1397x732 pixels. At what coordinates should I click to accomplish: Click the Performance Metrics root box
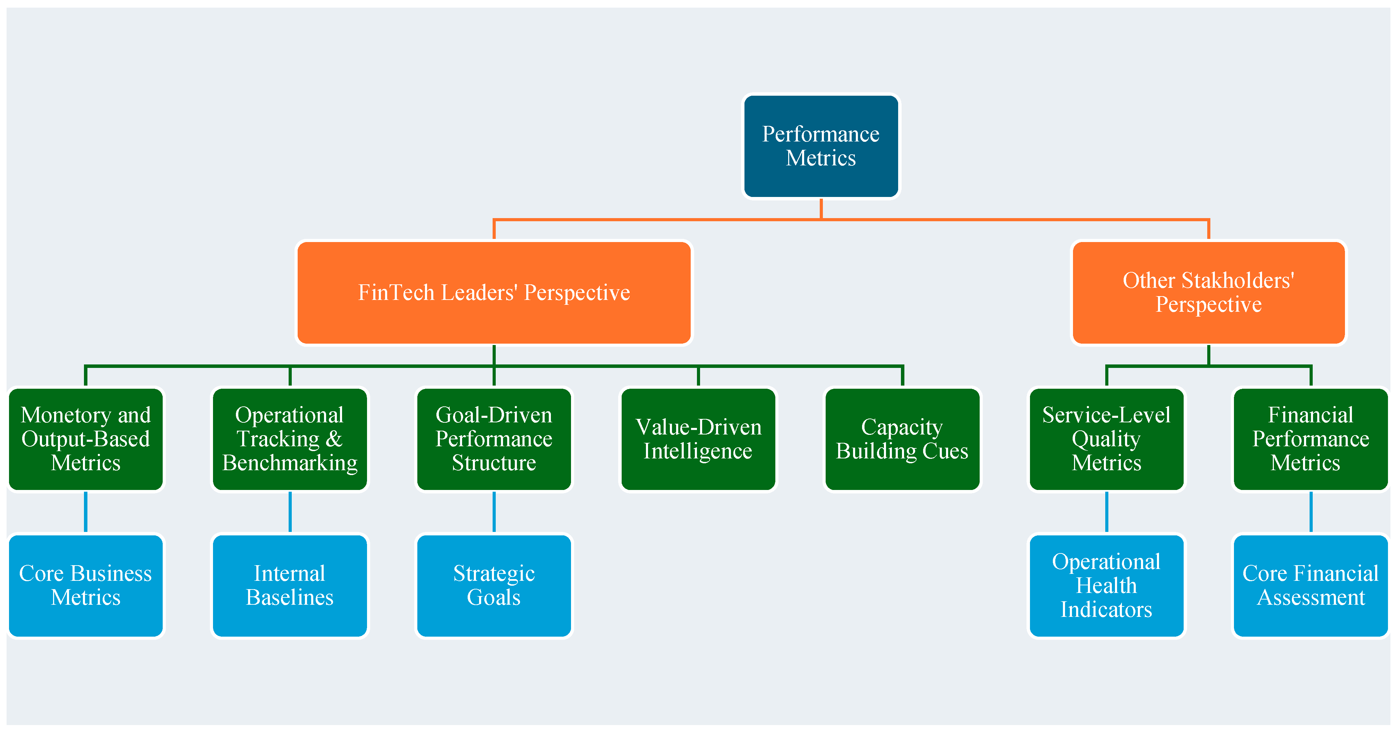point(821,146)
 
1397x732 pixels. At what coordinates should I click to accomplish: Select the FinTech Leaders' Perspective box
point(494,293)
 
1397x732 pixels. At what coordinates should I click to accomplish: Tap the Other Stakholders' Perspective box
point(1209,293)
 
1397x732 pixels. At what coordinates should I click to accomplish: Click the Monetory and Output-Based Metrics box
point(86,439)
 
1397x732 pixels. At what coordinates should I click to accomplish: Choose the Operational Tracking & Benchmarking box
point(290,439)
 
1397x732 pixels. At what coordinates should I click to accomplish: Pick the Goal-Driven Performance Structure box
point(494,439)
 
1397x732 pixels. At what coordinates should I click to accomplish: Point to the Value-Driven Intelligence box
point(699,439)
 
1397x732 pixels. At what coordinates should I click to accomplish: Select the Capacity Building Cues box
point(902,439)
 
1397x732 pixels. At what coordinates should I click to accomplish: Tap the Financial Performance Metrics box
point(1311,439)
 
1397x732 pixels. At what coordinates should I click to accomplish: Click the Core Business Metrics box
point(86,586)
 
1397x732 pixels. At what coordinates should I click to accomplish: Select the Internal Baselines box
point(290,586)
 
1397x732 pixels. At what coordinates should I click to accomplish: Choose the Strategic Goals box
point(494,586)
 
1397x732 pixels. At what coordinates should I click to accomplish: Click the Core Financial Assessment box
point(1311,586)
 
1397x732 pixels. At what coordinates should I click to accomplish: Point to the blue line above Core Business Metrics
point(86,513)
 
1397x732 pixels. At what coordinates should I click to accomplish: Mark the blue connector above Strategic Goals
point(494,513)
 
